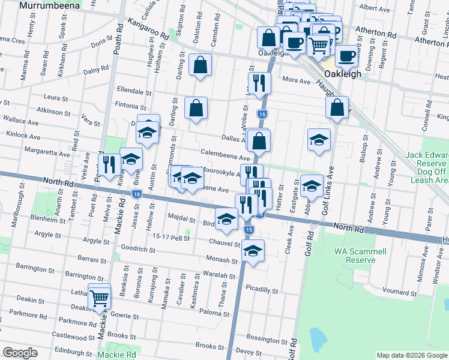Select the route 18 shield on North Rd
137,194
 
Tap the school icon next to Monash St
253,252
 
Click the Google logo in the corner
20,353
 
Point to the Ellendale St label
134,92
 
